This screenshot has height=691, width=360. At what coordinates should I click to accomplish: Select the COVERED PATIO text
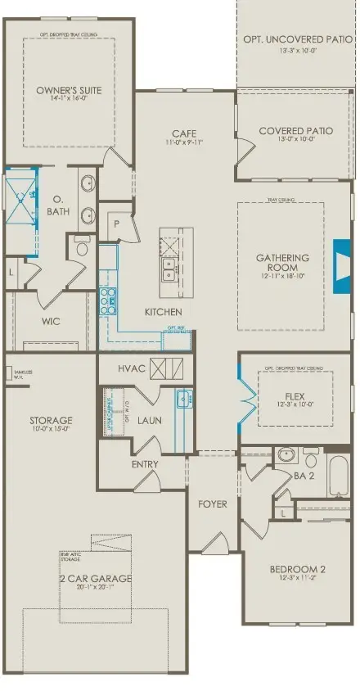[295, 131]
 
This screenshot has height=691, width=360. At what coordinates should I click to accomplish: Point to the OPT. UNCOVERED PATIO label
[296, 39]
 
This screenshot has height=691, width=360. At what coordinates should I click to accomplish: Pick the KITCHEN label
[163, 312]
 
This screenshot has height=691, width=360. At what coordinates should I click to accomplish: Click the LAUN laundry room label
[147, 421]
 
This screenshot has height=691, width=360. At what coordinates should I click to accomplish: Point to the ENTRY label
[145, 464]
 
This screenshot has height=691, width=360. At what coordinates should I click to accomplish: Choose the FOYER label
[212, 504]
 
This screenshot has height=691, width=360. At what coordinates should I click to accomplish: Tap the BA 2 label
[304, 475]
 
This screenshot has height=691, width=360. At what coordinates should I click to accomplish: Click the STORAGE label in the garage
[51, 421]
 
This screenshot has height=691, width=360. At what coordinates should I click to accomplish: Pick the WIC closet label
[51, 322]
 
